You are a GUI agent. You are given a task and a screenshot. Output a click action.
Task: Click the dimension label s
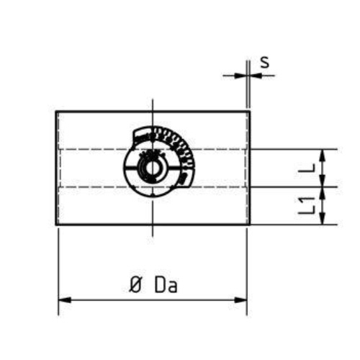coord(265,62)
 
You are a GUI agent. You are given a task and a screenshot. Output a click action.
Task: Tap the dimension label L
coord(307,168)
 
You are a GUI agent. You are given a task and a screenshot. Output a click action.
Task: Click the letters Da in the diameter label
coord(166,284)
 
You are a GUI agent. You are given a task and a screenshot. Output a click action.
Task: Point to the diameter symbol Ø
coord(135,284)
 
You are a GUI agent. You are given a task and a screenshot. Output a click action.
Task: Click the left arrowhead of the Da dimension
coord(65,300)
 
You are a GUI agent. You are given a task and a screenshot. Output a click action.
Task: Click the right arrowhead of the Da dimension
coord(241,300)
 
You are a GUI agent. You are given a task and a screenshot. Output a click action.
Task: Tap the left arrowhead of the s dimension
coord(240,76)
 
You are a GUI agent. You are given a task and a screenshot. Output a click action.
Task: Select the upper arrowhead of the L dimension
coord(323,156)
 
